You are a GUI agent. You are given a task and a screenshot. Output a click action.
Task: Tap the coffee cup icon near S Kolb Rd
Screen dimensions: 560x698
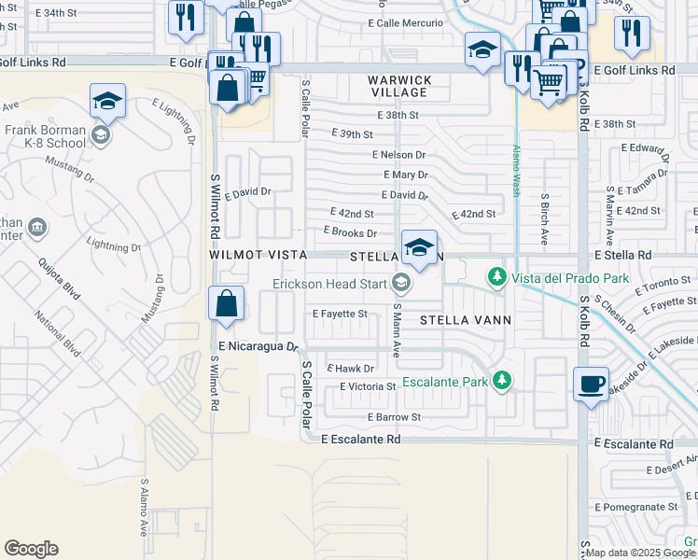pos(592,385)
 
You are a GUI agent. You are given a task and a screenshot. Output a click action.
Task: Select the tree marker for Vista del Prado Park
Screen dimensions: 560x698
pos(497,278)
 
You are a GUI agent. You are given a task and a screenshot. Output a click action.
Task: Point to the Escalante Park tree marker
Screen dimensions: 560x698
pos(503,380)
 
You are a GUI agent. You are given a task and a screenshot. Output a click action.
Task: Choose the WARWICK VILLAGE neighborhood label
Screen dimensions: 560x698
pos(399,87)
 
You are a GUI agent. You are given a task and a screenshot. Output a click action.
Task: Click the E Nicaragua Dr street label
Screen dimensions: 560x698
pos(257,346)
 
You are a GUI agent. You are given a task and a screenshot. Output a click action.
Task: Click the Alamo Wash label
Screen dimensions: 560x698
pos(514,170)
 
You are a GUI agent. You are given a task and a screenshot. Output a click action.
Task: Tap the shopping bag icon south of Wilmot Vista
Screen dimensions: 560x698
pos(226,304)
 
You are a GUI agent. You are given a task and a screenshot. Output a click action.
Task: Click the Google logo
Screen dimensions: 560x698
pos(31,549)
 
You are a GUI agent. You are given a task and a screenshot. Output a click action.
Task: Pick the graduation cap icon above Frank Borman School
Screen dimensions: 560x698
pos(108,102)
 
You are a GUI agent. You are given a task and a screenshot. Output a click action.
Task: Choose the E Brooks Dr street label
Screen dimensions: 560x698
pos(350,233)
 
